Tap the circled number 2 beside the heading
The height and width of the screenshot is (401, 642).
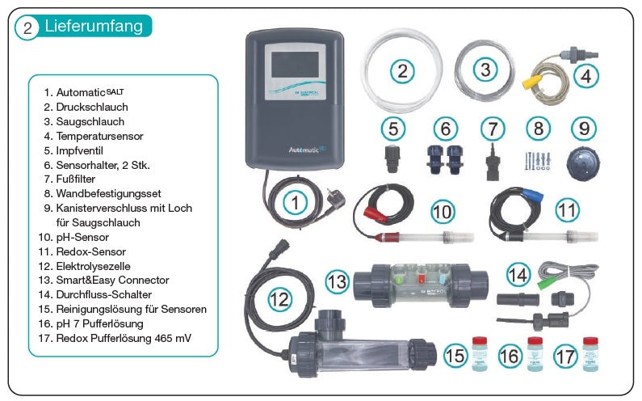point(27,27)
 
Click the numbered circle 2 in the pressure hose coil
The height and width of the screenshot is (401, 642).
point(401,70)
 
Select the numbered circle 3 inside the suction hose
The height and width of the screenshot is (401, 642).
point(485,70)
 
